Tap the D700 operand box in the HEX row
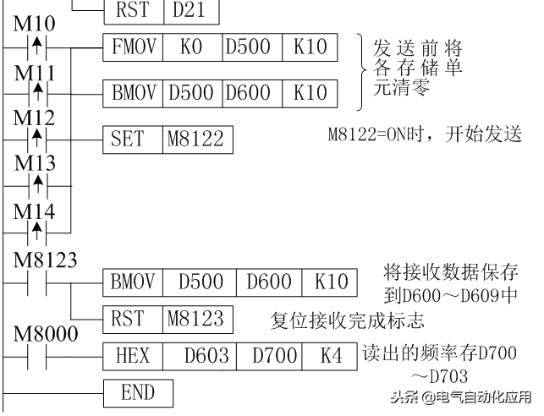point(268,356)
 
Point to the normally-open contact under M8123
point(36,280)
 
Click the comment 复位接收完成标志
point(347,320)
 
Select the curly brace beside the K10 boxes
point(361,72)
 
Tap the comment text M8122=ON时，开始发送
point(423,134)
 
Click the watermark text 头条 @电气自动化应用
point(462,397)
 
